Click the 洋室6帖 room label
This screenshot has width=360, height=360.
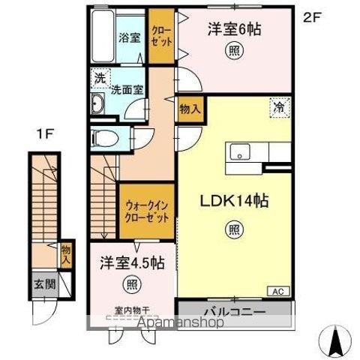pyautogui.click(x=234, y=30)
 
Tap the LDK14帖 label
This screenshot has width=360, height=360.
pyautogui.click(x=234, y=201)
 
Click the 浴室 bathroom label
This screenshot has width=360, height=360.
pyautogui.click(x=129, y=37)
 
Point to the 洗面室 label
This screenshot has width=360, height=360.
pyautogui.click(x=127, y=90)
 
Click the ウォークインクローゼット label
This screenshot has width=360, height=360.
pyautogui.click(x=147, y=212)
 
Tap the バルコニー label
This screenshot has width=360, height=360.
pyautogui.click(x=235, y=312)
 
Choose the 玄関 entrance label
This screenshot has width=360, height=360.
pyautogui.click(x=45, y=284)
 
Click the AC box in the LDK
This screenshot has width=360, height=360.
pyautogui.click(x=278, y=291)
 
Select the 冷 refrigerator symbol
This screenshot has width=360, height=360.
pyautogui.click(x=280, y=108)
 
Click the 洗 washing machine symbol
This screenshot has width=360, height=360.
pyautogui.click(x=100, y=78)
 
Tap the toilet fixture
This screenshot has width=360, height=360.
pyautogui.click(x=104, y=138)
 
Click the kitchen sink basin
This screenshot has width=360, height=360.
pyautogui.click(x=240, y=151)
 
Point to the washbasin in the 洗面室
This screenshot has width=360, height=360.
pyautogui.click(x=97, y=103)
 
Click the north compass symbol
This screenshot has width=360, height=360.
pyautogui.click(x=336, y=340)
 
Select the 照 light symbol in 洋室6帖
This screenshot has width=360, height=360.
pyautogui.click(x=234, y=51)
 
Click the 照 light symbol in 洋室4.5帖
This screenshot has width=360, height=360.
pyautogui.click(x=132, y=284)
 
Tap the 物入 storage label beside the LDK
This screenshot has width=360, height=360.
pyautogui.click(x=190, y=109)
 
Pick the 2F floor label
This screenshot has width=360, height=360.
pyautogui.click(x=312, y=18)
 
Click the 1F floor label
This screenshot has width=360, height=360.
pyautogui.click(x=45, y=134)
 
